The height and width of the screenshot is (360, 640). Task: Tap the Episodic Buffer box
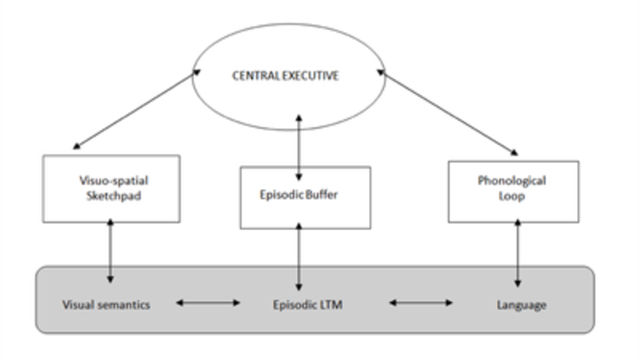[x=305, y=196]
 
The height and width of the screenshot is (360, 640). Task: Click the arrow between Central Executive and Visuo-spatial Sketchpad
[x=135, y=110]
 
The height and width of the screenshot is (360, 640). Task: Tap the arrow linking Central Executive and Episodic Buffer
[x=299, y=146]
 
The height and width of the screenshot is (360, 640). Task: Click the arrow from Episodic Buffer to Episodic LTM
[x=299, y=258]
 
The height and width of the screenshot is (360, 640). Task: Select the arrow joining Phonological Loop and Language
[x=518, y=254]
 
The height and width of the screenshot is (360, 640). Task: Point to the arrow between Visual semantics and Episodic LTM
[x=208, y=302]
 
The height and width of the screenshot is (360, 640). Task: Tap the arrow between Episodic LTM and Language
[x=421, y=302]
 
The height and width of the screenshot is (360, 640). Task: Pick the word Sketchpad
[x=111, y=196]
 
